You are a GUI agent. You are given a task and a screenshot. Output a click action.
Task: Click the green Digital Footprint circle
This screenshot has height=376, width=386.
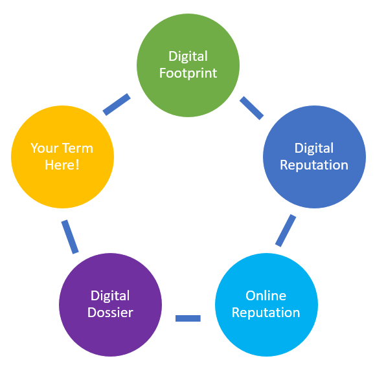pos(188,65)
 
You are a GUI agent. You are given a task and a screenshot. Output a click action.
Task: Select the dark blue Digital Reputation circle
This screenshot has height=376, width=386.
pos(314,157)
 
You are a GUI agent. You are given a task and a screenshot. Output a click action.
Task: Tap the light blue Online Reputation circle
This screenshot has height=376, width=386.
pos(266,305)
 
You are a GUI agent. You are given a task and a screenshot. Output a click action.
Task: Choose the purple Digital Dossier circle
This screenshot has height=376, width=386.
pos(110,305)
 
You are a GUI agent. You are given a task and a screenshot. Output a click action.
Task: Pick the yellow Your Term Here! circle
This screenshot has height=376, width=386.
pos(63,157)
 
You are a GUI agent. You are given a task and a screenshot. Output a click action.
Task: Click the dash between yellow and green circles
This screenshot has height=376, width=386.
pos(117,104)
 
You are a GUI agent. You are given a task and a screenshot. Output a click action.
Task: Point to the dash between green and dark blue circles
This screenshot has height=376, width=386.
pos(251,108)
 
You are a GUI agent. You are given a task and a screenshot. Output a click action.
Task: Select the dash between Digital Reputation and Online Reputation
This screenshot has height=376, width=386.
pos(286,230)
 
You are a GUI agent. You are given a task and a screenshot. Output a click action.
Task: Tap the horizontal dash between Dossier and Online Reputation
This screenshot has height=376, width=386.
pos(188,318)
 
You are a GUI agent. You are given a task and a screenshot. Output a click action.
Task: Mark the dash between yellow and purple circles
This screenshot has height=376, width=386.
pos(70,237)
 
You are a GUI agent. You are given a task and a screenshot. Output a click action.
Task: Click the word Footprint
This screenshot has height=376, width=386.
pos(188,73)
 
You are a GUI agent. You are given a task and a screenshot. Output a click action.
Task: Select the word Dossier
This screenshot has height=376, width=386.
pos(110,313)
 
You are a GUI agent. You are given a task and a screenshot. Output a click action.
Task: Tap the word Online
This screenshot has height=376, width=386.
pos(266,295)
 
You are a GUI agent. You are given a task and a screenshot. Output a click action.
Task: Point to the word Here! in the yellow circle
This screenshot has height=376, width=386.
pos(62,165)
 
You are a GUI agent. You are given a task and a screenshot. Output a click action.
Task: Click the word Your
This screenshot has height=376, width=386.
pos(45,148)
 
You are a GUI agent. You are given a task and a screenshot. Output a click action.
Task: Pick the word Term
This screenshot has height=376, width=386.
pos(78,148)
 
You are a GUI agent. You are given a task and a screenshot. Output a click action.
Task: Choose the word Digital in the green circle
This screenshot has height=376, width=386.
pos(188,57)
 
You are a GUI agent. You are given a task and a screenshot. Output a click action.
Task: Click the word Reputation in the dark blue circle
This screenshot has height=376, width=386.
pos(314,165)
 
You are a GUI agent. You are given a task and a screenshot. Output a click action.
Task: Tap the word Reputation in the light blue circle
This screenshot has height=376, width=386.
pos(266,313)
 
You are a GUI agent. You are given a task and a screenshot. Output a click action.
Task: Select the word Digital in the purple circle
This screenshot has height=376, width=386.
pos(110,296)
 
